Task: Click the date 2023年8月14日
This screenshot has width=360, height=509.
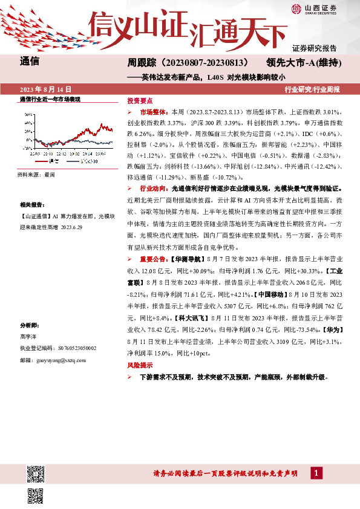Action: click(x=45, y=89)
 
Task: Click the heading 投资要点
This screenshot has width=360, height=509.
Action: click(x=138, y=101)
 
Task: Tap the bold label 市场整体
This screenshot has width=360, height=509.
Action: click(x=153, y=112)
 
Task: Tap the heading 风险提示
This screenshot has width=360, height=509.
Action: click(x=138, y=366)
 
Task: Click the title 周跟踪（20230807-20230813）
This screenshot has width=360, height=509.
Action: click(x=188, y=62)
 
